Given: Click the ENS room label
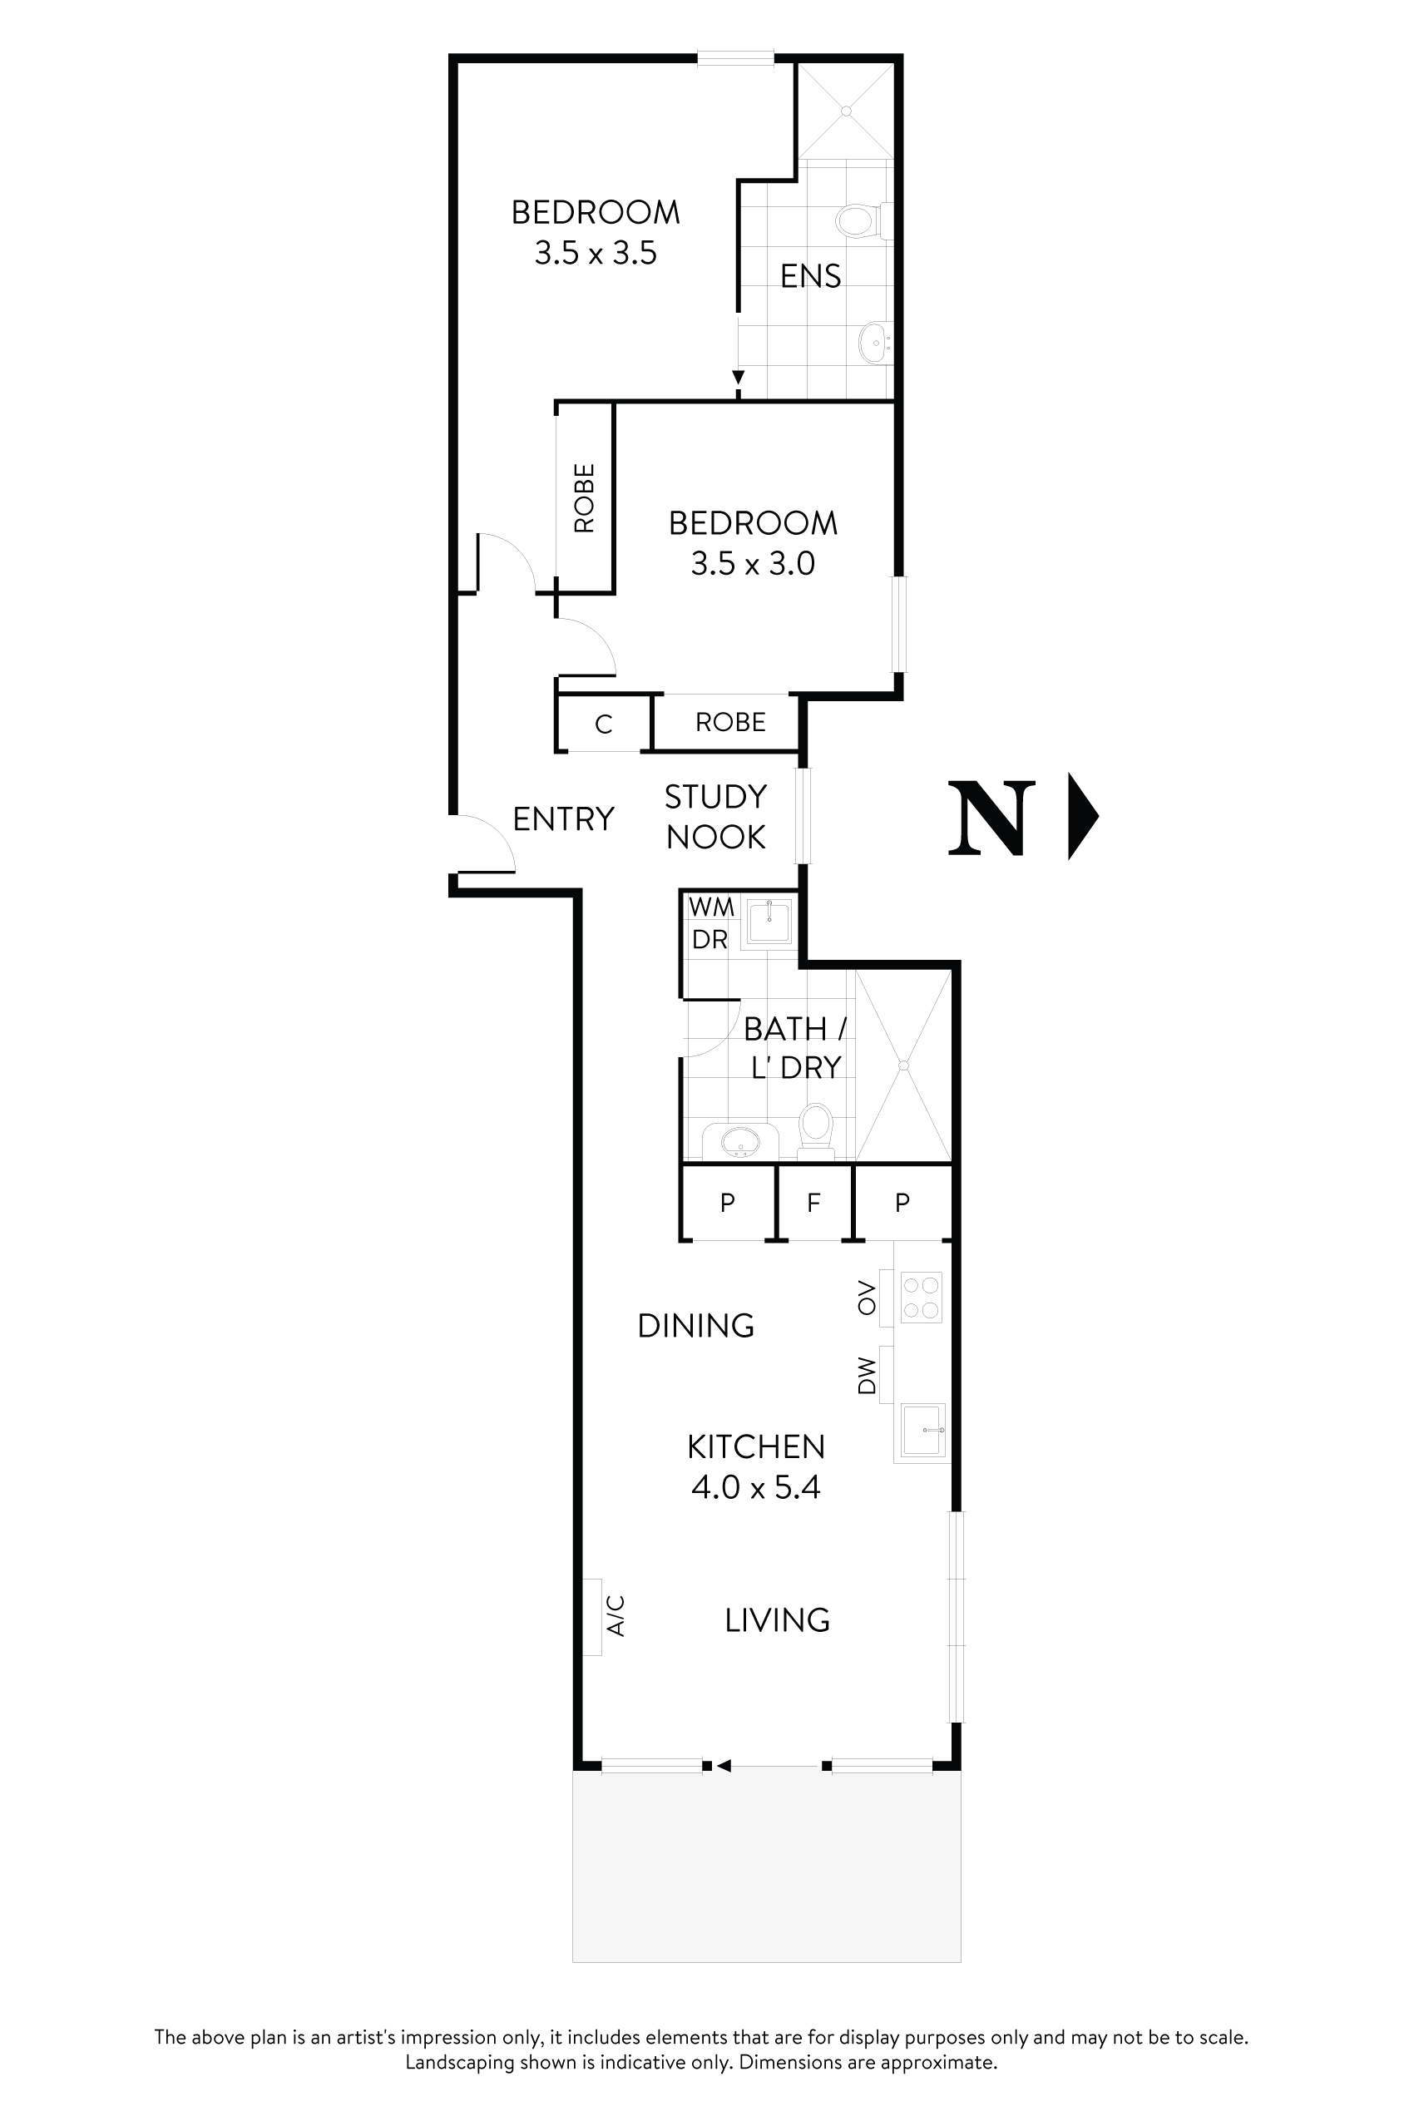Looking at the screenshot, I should (810, 276).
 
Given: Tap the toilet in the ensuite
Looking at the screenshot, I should (858, 220).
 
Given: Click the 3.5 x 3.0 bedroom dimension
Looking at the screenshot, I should (753, 564).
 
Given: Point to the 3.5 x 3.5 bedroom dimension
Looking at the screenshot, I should (596, 254).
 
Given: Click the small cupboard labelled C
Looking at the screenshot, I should (603, 724).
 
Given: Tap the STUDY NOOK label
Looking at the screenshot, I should (716, 817).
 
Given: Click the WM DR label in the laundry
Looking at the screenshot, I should (710, 922).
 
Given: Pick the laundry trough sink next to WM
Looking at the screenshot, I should (769, 922).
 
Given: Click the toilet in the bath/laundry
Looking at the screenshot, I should (816, 1127).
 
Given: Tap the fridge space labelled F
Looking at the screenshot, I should (813, 1202).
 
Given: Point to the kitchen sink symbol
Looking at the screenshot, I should (922, 1431).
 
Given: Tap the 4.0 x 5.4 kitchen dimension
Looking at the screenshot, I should (756, 1487).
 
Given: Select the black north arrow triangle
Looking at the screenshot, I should (1081, 815).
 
